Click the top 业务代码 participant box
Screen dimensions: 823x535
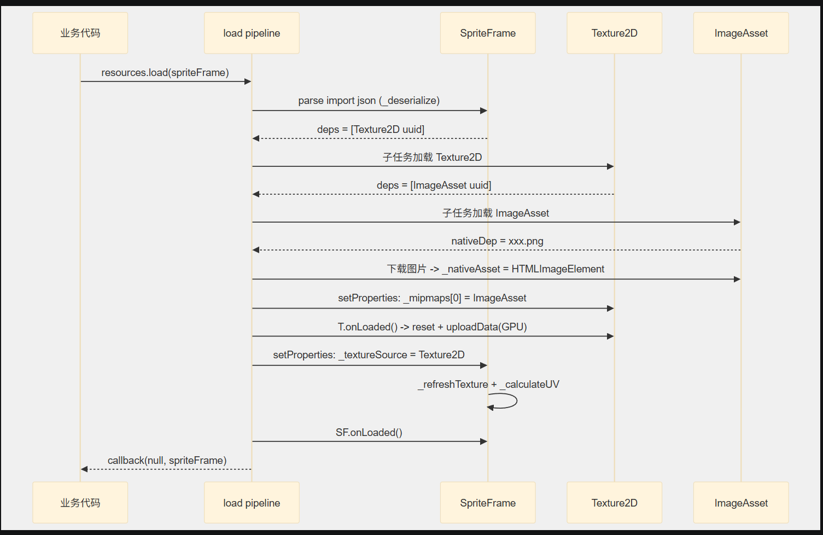(80, 33)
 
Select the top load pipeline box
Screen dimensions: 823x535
(252, 33)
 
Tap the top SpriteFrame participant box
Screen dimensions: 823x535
(488, 33)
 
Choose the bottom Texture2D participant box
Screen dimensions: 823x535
(614, 503)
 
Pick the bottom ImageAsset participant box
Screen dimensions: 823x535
(741, 503)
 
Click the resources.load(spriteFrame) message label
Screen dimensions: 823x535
(165, 73)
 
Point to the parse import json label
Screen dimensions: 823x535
(369, 101)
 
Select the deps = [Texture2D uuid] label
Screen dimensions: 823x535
(371, 129)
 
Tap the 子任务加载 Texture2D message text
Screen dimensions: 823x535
(432, 157)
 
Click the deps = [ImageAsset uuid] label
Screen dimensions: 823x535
(434, 185)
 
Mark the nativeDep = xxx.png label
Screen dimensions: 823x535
(497, 241)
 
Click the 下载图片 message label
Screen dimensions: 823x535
(495, 269)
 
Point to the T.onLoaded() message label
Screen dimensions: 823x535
(432, 327)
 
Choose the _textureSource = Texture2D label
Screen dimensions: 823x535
(369, 355)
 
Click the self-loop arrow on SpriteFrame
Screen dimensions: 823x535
(517, 401)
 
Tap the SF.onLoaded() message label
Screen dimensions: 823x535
(369, 433)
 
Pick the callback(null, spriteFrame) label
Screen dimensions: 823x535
(167, 461)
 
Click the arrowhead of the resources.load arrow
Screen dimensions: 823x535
(248, 82)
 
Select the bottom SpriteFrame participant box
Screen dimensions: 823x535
(488, 503)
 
